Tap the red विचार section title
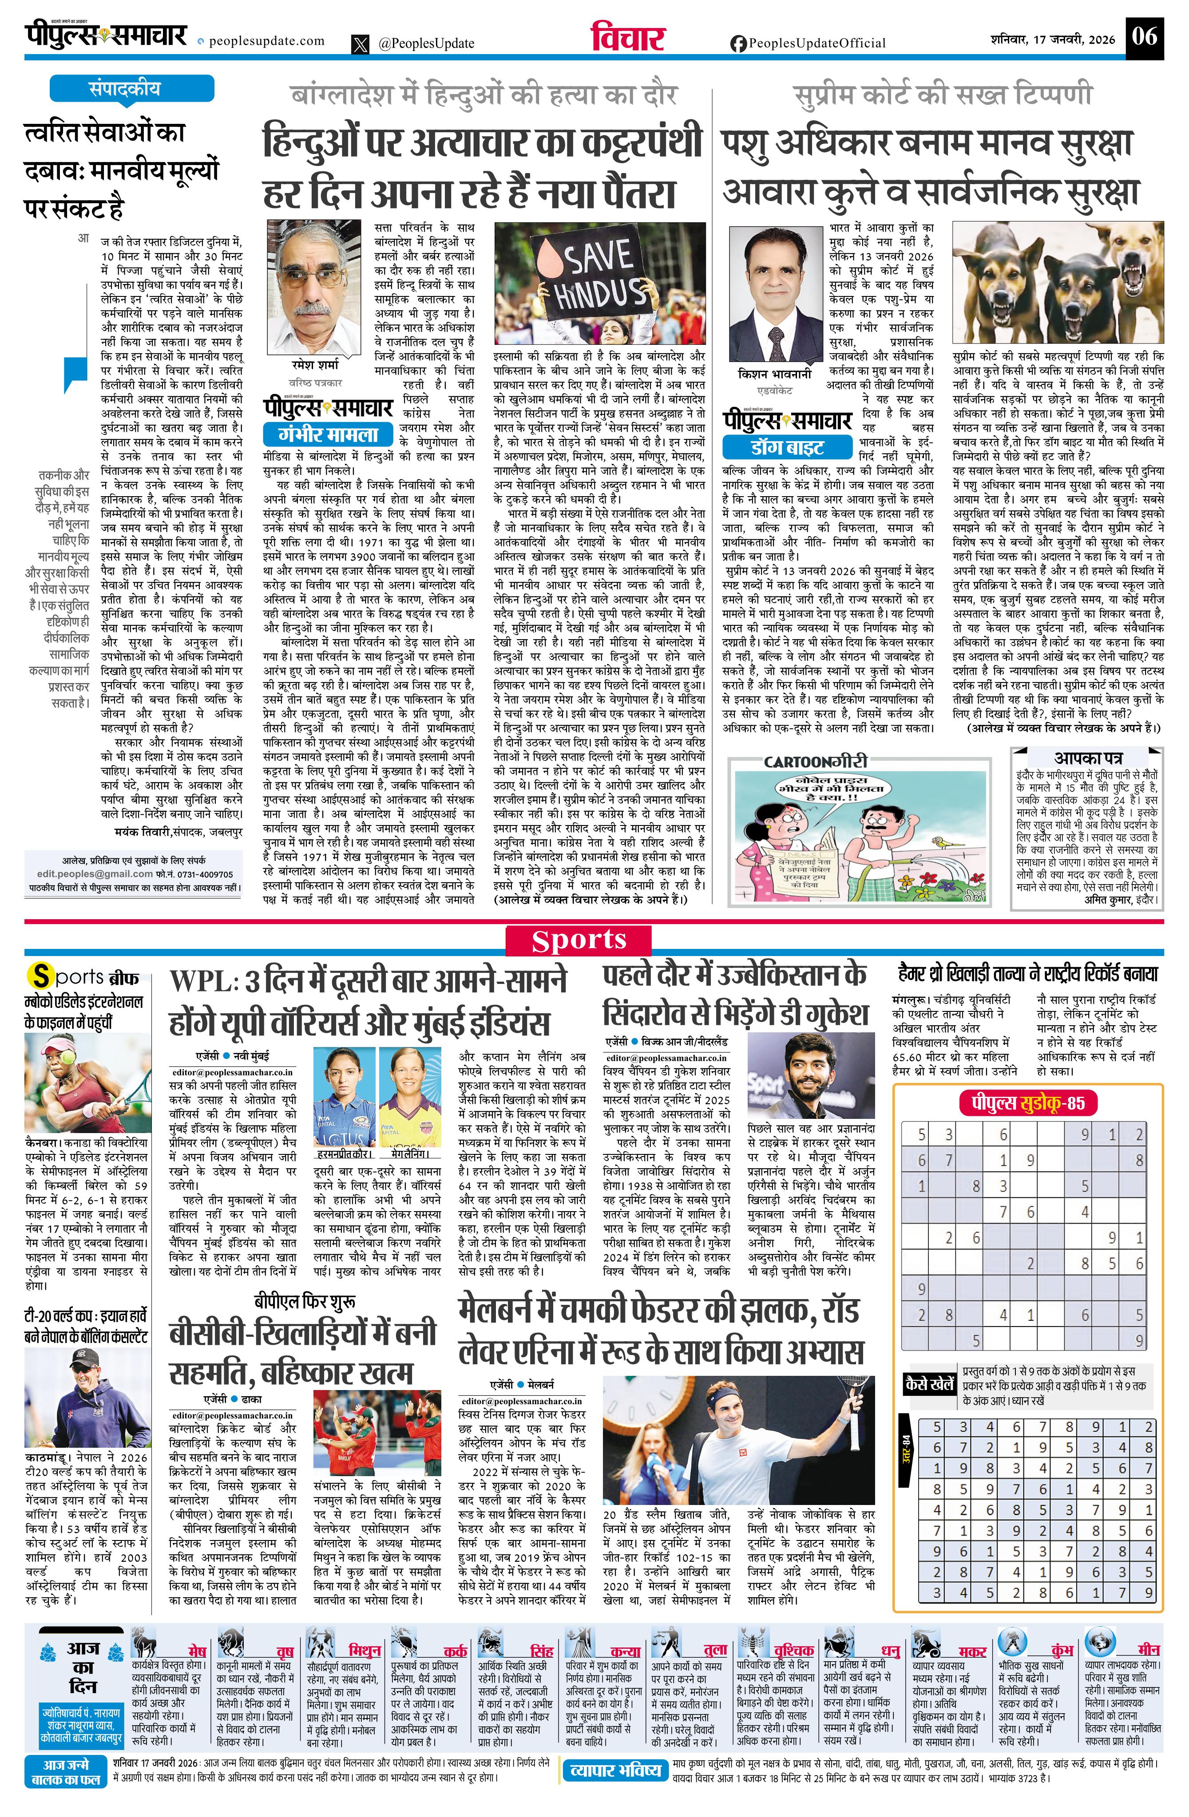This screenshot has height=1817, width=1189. click(x=628, y=38)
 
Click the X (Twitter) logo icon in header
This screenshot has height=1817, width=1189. click(x=361, y=44)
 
